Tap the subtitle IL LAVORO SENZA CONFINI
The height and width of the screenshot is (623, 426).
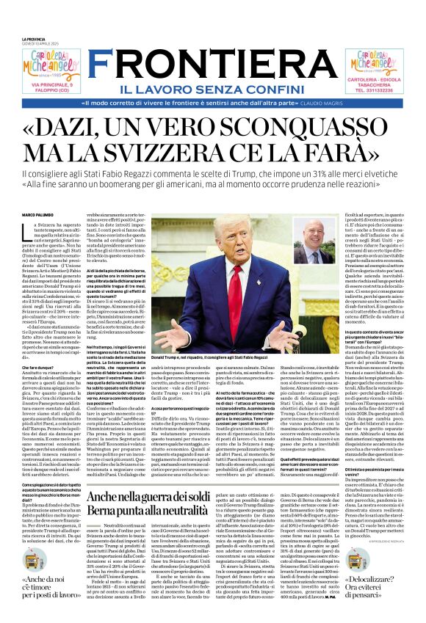coord(213,68)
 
